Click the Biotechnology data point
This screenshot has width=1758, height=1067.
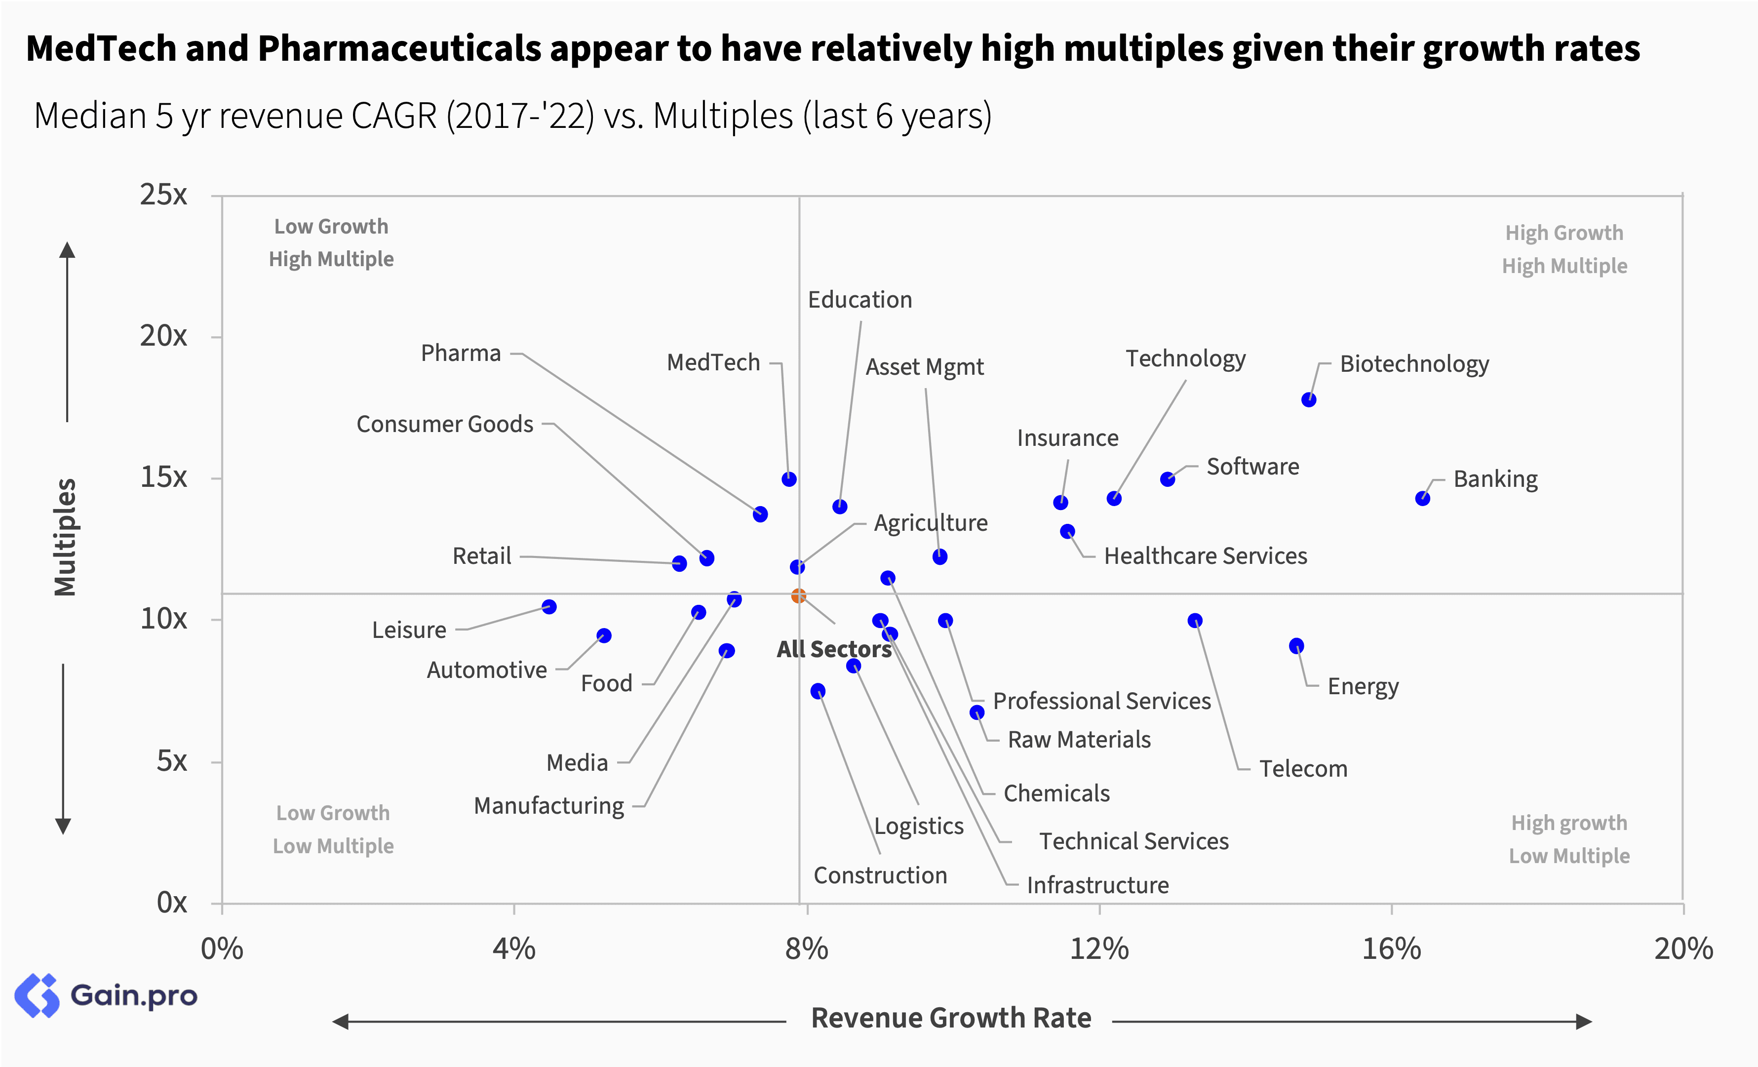pos(1309,399)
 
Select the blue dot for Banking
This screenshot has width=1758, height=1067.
pos(1423,498)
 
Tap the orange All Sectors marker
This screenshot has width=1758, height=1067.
pos(798,595)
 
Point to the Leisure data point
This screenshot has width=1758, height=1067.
pos(548,607)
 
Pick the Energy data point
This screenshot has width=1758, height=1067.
pos(1296,646)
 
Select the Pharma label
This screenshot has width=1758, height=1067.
pos(461,354)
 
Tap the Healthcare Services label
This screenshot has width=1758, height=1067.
pos(1205,556)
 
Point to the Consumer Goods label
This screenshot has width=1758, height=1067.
pos(444,424)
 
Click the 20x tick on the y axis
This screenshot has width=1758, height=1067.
pos(163,336)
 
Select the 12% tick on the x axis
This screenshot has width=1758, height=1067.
pos(1099,949)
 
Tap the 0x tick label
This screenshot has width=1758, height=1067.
pos(172,903)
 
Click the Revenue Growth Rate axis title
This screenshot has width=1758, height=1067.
pos(951,1018)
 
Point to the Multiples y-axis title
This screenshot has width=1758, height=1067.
pos(66,537)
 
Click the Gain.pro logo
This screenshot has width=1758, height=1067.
pos(106,995)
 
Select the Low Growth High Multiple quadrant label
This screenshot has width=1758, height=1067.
pos(331,242)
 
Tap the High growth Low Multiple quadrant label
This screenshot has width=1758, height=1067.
pos(1569,839)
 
